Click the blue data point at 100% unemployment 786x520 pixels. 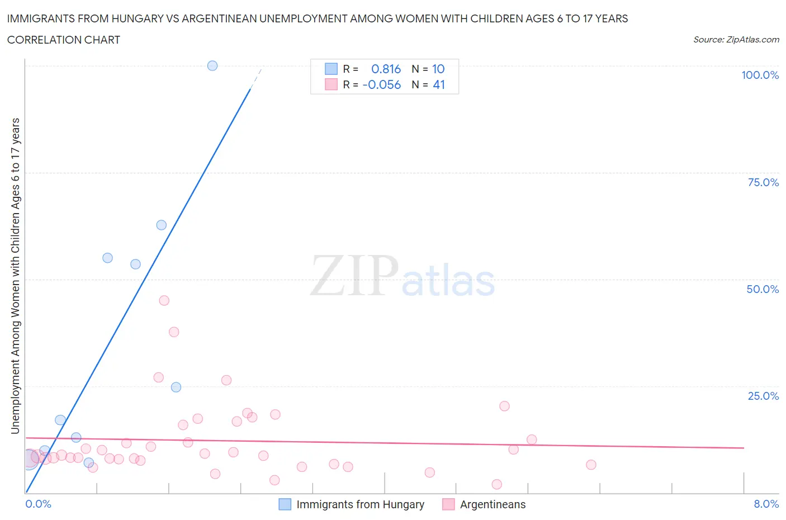212,65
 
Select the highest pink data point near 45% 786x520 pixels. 164,300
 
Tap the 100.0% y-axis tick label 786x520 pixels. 760,75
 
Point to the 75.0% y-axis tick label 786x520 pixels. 763,182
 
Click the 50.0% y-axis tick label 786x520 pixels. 763,289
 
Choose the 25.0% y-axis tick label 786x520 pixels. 763,396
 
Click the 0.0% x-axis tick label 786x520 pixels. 38,504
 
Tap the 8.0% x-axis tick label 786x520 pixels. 766,504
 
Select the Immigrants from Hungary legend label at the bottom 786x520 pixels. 360,504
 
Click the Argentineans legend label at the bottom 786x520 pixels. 493,504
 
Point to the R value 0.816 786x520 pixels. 386,69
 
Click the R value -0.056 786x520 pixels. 382,84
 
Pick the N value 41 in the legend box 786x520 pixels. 439,84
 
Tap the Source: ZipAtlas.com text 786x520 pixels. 736,39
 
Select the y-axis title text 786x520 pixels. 15,276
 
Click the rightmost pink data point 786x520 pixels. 591,465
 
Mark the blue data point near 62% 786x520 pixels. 161,225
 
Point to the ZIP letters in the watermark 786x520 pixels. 354,276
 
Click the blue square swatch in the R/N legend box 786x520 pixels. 332,69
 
